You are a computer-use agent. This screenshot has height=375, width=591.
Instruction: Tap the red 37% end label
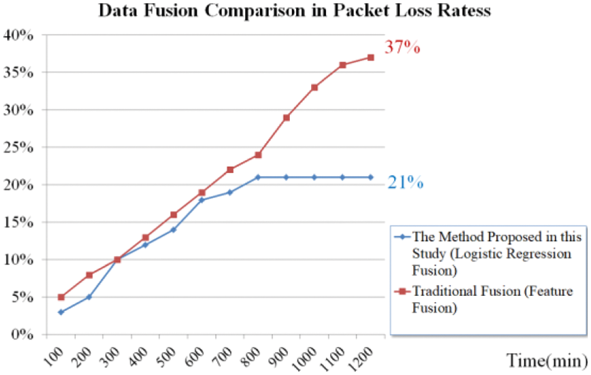(403, 47)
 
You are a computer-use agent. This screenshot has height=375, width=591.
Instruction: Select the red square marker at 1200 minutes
(371, 57)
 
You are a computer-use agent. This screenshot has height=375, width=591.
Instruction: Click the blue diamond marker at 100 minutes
(61, 312)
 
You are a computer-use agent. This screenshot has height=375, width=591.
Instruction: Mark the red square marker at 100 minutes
(61, 297)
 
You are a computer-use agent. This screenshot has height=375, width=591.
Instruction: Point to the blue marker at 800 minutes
(258, 177)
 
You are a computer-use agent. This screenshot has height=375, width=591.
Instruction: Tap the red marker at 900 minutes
(286, 117)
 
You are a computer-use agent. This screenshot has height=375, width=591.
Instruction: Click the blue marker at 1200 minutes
(371, 177)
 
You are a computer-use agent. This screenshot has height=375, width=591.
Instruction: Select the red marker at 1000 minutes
(314, 87)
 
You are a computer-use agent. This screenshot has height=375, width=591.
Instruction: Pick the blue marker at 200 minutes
(89, 297)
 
